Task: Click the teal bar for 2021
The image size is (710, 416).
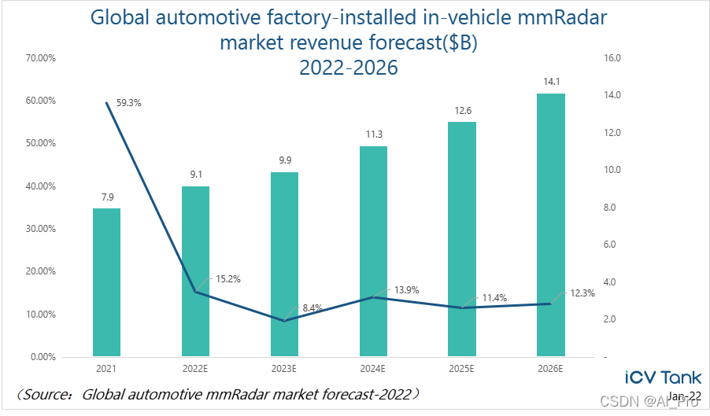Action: coord(106,282)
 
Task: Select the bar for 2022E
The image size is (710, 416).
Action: coord(195,271)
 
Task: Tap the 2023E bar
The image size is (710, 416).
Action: coord(284,264)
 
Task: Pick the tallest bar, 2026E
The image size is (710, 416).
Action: coord(551,225)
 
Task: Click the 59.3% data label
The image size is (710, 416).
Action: coord(128,102)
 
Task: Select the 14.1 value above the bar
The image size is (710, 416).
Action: coord(551,79)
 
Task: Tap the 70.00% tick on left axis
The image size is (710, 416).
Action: coord(39,58)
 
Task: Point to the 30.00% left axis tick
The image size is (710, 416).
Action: coord(39,229)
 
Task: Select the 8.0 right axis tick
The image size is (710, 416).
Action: coord(611,208)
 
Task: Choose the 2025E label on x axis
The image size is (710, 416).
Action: coord(462,369)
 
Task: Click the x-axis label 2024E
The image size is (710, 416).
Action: coord(373,369)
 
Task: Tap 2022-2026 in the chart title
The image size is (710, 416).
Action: coord(349,68)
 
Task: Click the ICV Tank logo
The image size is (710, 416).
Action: coord(662,377)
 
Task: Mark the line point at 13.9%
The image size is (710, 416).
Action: coord(373,297)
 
